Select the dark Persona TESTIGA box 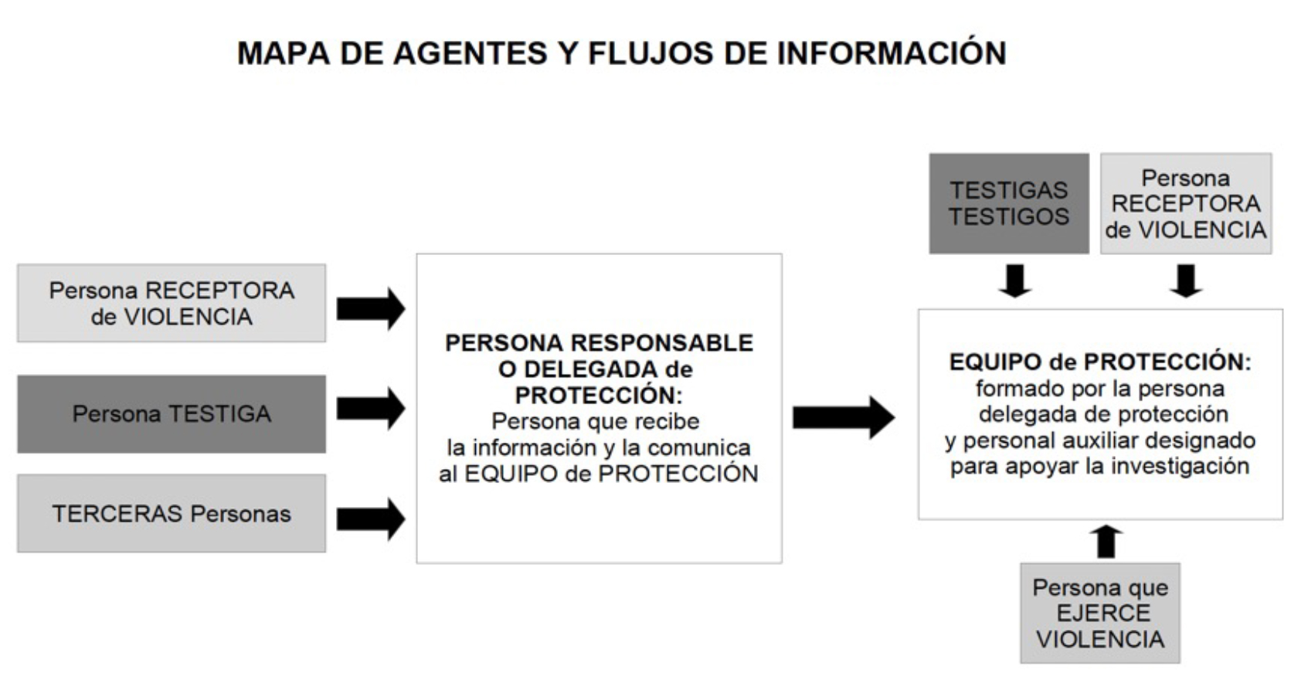(172, 414)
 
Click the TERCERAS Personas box (172, 513)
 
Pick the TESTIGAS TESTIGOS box (1009, 203)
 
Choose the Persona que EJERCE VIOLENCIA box (1100, 614)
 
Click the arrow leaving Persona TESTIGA (371, 409)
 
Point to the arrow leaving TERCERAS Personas (371, 519)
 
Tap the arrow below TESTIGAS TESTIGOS (1015, 281)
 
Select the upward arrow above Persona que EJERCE (1106, 542)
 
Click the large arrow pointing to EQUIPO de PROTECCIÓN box (844, 417)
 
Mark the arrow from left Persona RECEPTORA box (371, 309)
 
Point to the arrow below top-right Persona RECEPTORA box (1186, 281)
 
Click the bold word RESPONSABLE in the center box (662, 343)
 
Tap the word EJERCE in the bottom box (1103, 614)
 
